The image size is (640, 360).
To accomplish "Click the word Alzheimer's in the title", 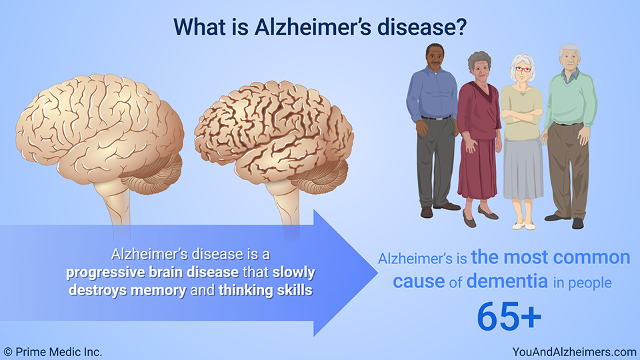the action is point(313,27).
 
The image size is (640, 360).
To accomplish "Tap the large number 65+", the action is point(509,316).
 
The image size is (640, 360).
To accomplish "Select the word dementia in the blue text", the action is point(507,281).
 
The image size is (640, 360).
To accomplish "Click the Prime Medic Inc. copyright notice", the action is point(53,352).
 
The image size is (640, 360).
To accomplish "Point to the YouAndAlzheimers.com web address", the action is point(574,352).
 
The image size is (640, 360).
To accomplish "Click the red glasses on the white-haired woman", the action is point(523,70).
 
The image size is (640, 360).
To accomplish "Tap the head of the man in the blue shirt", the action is point(435,56).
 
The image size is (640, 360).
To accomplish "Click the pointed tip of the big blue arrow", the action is point(377,273).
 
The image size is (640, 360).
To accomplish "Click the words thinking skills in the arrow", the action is point(265,290).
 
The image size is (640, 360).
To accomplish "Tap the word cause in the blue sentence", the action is point(419,281).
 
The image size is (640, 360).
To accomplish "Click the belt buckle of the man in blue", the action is point(437,119).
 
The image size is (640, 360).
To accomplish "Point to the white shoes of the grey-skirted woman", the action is point(524,226).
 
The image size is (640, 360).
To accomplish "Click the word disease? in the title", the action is point(421,27).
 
